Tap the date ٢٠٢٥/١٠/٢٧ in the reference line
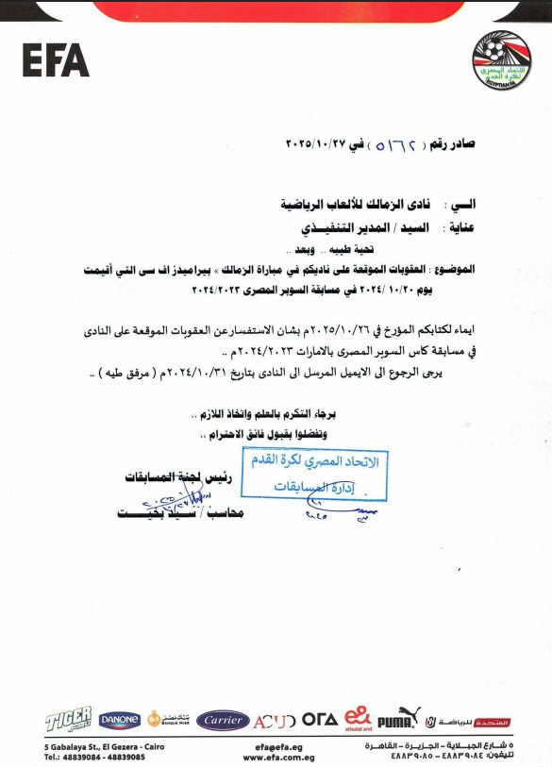[x=317, y=146]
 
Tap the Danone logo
[x=120, y=720]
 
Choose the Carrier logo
[x=222, y=720]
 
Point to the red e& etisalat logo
[x=358, y=718]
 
